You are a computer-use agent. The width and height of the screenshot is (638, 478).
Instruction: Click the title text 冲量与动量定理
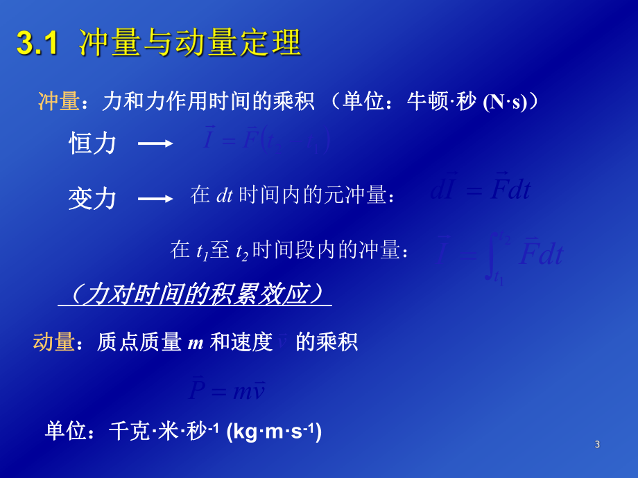[x=190, y=43]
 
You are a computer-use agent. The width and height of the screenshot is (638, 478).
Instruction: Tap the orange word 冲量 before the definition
[x=58, y=102]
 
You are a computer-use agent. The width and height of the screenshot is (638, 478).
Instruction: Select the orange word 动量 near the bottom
[x=53, y=342]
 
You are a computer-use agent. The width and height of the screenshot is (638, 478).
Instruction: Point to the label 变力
[x=92, y=199]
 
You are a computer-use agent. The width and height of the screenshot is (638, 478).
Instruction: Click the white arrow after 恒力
[x=155, y=143]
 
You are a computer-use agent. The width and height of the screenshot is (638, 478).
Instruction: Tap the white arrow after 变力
[x=155, y=199]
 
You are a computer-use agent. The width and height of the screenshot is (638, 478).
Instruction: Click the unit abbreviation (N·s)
[x=510, y=103]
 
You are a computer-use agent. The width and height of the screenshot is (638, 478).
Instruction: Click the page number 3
[x=597, y=444]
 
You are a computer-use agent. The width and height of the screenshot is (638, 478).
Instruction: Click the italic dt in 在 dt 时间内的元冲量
[x=224, y=196]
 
